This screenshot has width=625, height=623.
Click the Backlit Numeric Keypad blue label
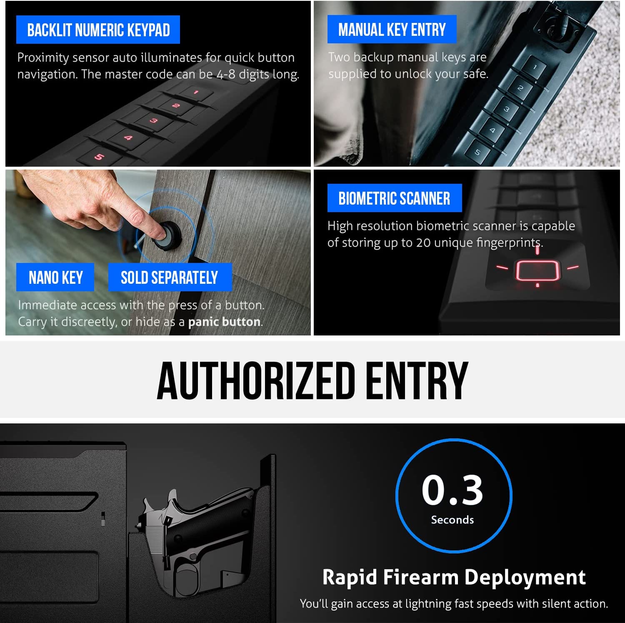[98, 30]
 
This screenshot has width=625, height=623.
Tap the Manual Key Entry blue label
[392, 30]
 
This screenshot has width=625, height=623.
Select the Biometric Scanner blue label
[394, 198]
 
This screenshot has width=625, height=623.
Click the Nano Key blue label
[55, 278]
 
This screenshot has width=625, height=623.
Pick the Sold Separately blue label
[170, 278]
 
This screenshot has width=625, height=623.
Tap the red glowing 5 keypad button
[99, 157]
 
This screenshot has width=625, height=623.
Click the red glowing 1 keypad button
[195, 92]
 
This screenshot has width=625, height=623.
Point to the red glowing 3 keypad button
[154, 121]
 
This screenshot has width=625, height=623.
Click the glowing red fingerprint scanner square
[537, 271]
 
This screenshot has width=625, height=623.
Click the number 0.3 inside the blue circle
[452, 490]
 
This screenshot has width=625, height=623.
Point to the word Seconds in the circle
[452, 520]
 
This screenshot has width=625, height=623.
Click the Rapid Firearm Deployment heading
[454, 578]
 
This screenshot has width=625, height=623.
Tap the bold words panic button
[224, 322]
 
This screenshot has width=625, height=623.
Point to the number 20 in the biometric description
[423, 243]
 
